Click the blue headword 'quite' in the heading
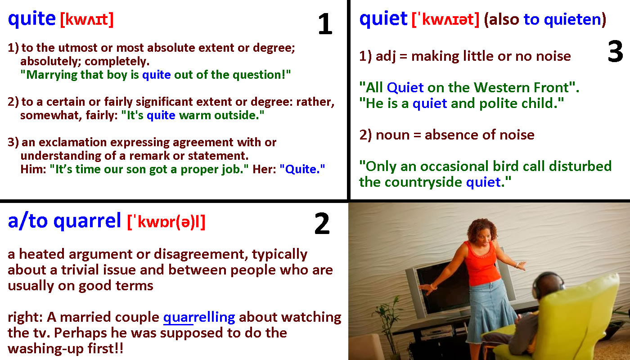click(32, 19)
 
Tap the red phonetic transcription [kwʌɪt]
click(87, 19)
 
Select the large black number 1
click(325, 24)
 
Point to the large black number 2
click(322, 223)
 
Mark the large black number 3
click(616, 51)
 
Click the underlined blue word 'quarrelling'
click(199, 318)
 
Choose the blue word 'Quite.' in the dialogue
click(302, 169)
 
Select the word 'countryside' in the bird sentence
click(423, 182)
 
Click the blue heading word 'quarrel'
click(87, 221)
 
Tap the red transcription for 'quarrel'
click(166, 222)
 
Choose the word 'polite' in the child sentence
click(498, 103)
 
